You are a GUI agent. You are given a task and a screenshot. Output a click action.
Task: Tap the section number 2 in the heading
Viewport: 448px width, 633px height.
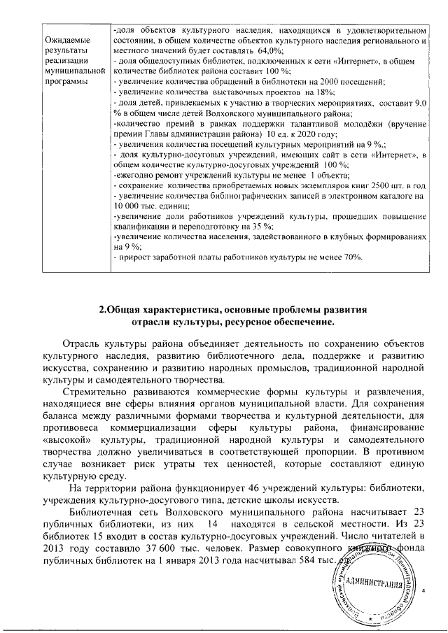pyautogui.click(x=102, y=308)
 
